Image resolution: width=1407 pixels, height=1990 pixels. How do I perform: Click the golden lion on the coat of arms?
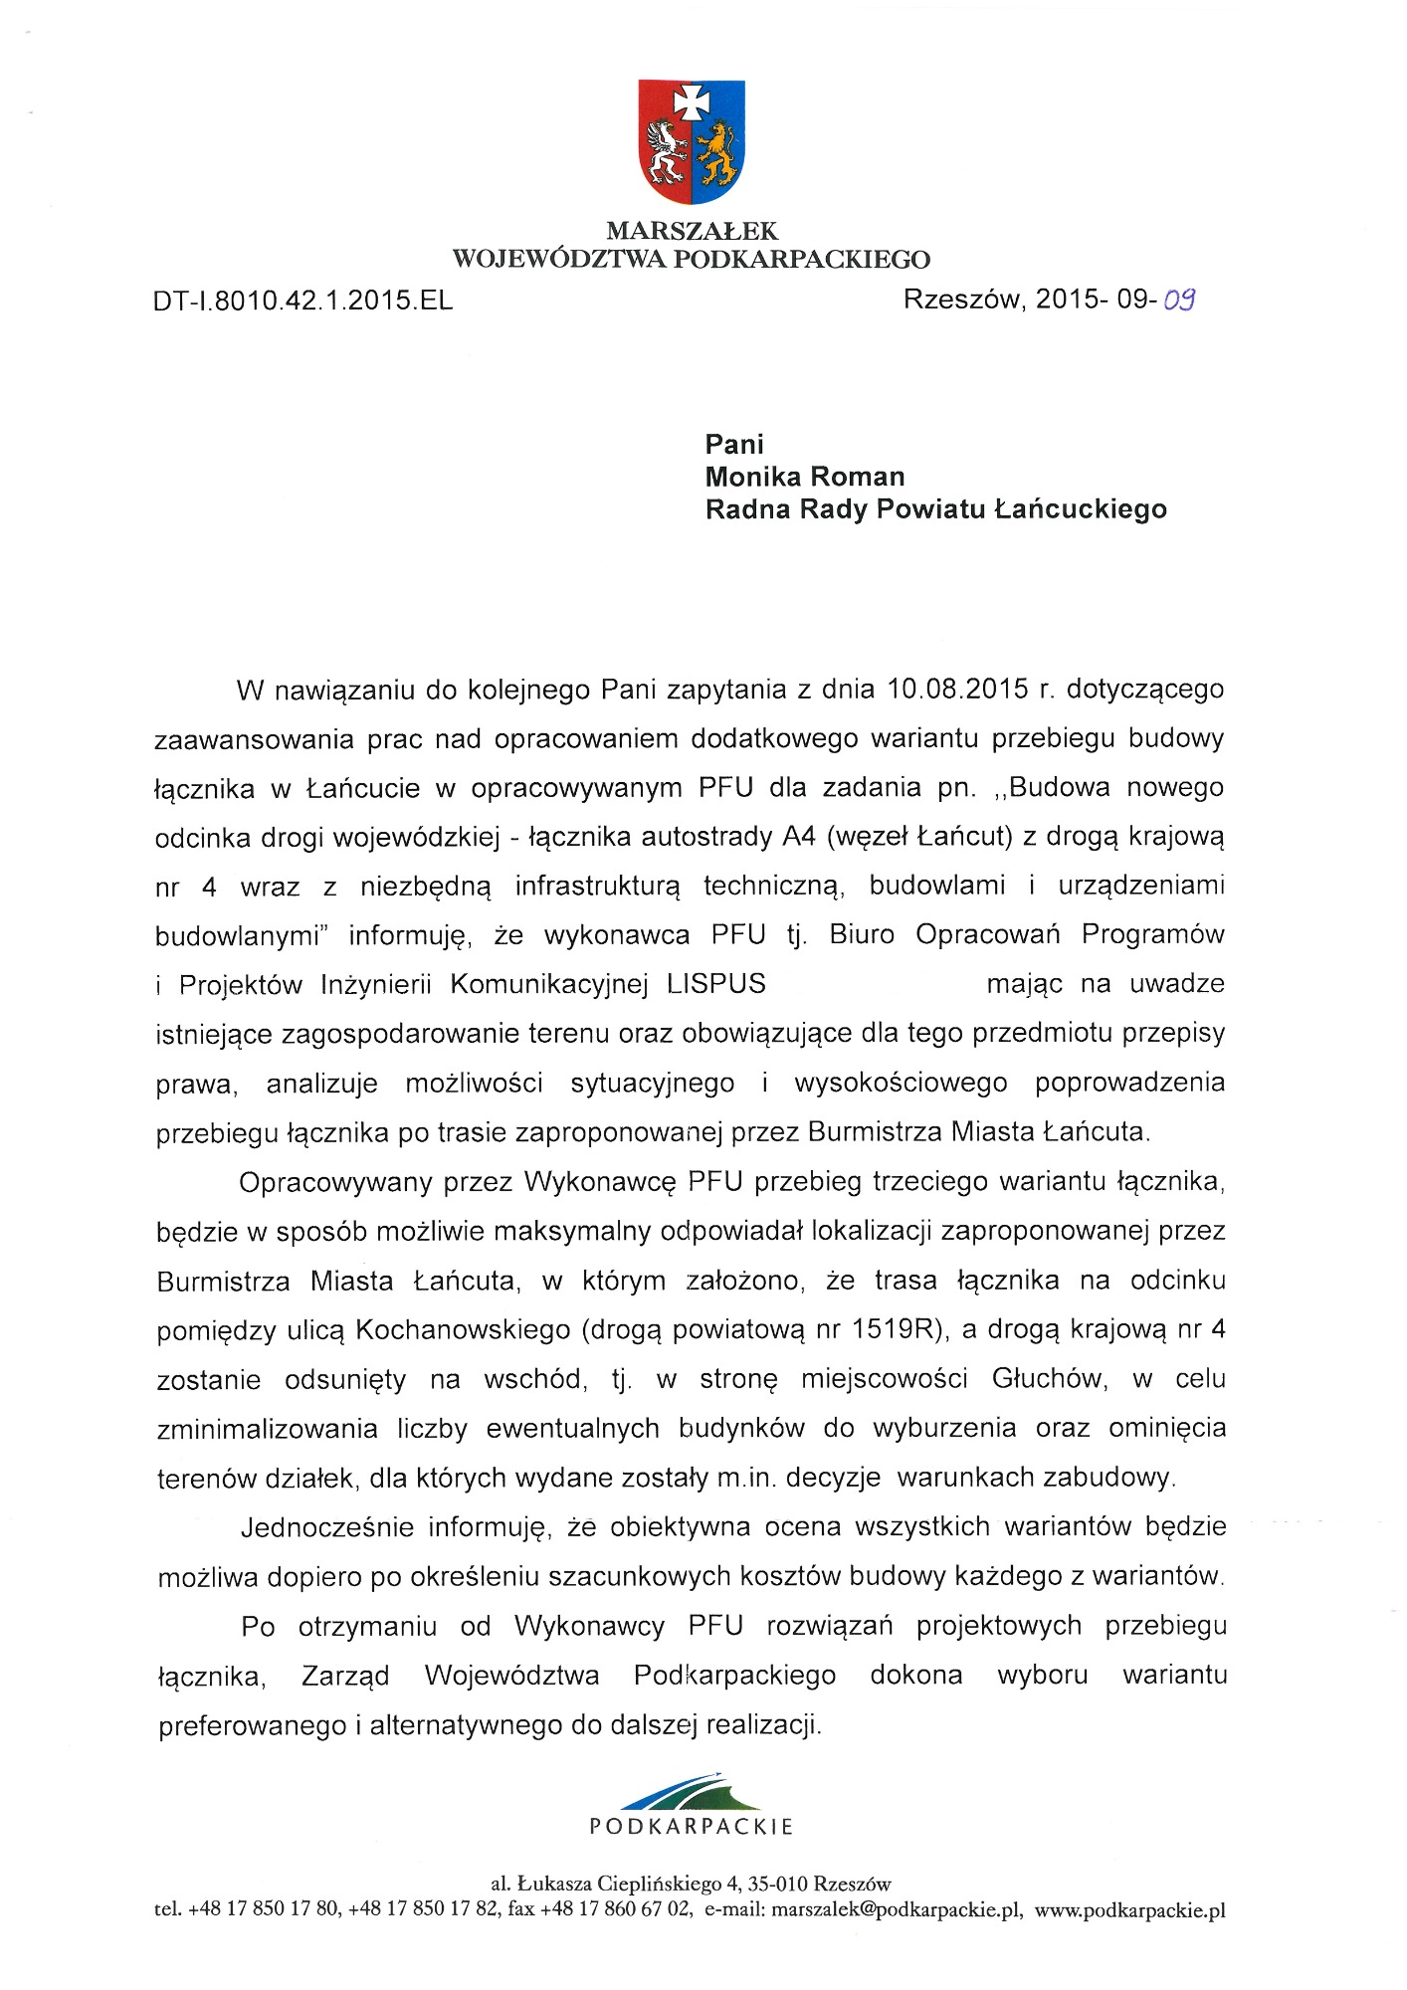pyautogui.click(x=716, y=151)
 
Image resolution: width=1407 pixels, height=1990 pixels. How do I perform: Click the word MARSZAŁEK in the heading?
pyautogui.click(x=692, y=232)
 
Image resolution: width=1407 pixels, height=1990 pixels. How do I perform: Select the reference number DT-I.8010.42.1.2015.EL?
pyautogui.click(x=303, y=300)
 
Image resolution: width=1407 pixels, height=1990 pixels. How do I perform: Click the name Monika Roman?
pyautogui.click(x=805, y=477)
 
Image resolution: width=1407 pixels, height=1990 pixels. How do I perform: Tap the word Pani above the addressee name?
pyautogui.click(x=734, y=444)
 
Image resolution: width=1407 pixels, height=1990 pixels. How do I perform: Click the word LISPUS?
pyautogui.click(x=716, y=984)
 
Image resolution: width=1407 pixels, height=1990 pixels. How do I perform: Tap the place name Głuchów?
pyautogui.click(x=1048, y=1379)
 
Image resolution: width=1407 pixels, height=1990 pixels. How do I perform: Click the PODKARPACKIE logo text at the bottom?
pyautogui.click(x=692, y=1827)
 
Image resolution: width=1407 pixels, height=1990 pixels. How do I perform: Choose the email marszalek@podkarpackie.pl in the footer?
pyautogui.click(x=897, y=1910)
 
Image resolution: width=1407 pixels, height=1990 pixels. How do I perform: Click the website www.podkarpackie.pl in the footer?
pyautogui.click(x=1129, y=1910)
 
